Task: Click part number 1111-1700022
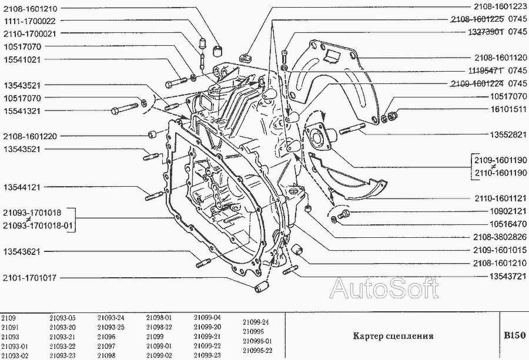(30, 21)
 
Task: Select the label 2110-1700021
(30, 34)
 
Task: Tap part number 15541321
(22, 111)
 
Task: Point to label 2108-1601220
(30, 136)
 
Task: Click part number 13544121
(22, 187)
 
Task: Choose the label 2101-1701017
(30, 278)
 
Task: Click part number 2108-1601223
(500, 6)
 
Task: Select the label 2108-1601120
(501, 58)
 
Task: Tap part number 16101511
(508, 110)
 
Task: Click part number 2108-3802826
(500, 237)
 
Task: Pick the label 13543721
(508, 277)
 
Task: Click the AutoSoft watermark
(384, 288)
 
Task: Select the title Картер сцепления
(393, 336)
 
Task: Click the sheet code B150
(515, 336)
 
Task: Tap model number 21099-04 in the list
(207, 318)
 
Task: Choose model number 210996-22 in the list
(257, 351)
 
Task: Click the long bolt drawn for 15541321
(124, 109)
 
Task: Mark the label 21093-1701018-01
(38, 226)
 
